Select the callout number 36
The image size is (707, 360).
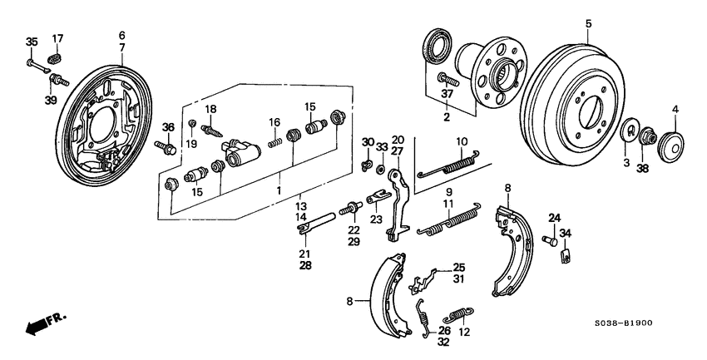[x=168, y=127]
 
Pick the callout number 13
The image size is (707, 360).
[x=301, y=206]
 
